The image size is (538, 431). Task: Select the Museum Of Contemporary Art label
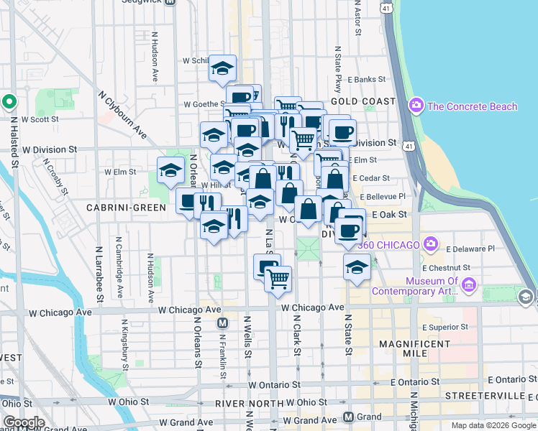click(x=421, y=286)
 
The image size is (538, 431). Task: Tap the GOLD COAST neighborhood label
click(x=363, y=101)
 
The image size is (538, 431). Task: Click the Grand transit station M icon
click(x=348, y=417)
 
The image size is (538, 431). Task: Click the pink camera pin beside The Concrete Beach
click(x=416, y=106)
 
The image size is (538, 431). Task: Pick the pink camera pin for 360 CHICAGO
click(x=431, y=245)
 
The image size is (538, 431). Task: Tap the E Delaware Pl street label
click(x=470, y=249)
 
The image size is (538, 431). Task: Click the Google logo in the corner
click(x=24, y=422)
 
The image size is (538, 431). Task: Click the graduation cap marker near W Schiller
click(x=223, y=69)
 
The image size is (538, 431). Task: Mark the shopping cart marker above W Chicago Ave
click(x=278, y=278)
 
